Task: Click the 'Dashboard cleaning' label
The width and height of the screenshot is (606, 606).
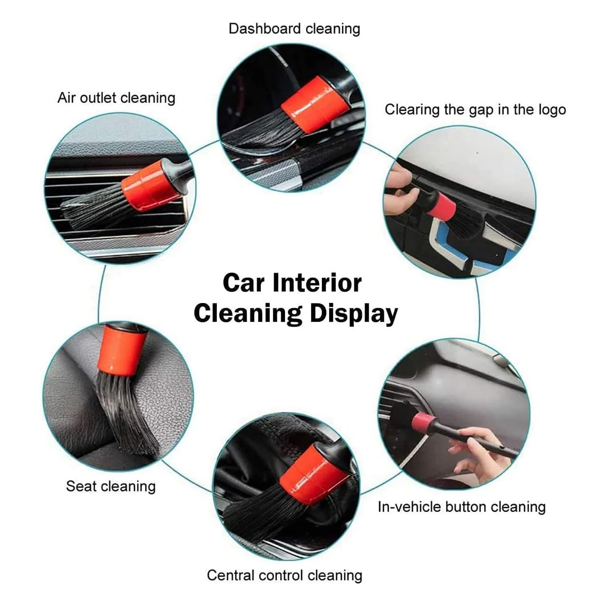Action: click(x=294, y=29)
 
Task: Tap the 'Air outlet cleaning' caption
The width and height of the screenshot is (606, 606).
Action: click(x=116, y=98)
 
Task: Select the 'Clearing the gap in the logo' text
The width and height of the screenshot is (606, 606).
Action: click(x=475, y=110)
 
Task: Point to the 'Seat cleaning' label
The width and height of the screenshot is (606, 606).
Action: click(x=111, y=486)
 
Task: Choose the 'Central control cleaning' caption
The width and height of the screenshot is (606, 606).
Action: click(x=285, y=576)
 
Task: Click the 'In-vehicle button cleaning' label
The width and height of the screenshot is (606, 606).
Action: click(x=462, y=507)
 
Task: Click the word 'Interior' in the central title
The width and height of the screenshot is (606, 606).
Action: click(x=317, y=283)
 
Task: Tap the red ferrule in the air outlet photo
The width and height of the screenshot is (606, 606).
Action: click(x=151, y=186)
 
